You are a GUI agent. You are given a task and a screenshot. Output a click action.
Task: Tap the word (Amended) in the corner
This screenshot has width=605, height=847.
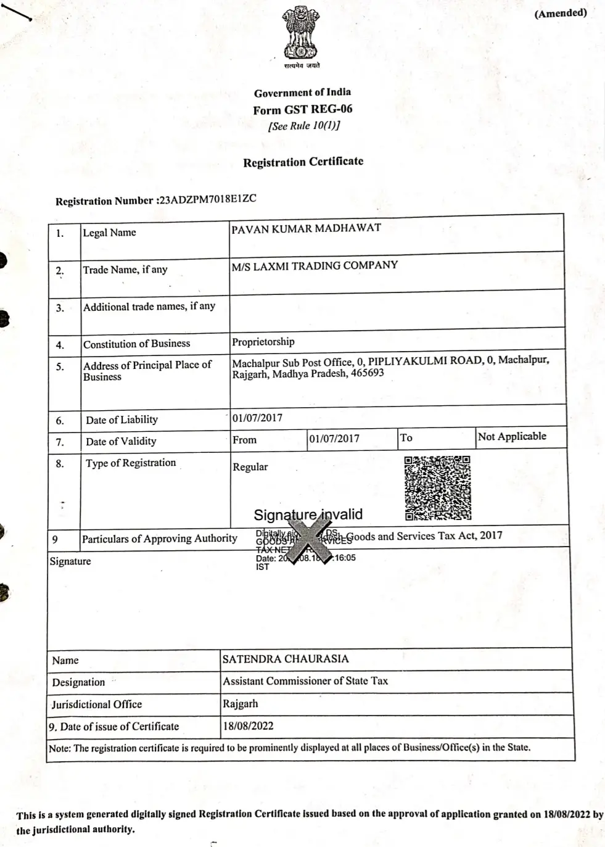[561, 14]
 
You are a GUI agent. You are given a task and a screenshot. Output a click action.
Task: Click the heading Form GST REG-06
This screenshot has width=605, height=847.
[303, 110]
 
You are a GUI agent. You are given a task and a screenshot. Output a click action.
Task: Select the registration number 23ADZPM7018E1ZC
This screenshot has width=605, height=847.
[207, 199]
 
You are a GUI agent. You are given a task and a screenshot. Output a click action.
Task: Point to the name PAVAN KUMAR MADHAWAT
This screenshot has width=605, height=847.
[306, 228]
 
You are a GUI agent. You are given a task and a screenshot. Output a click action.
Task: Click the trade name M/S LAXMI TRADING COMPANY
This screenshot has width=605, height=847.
[315, 265]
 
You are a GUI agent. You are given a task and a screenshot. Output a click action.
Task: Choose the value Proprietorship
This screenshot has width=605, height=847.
[263, 342]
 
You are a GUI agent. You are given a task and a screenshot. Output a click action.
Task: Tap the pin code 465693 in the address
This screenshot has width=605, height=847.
[368, 373]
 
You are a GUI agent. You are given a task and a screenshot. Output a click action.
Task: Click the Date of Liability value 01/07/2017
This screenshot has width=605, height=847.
[258, 418]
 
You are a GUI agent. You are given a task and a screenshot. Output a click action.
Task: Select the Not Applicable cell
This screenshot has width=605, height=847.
[512, 436]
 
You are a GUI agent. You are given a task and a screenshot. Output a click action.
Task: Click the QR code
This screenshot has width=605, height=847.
[437, 488]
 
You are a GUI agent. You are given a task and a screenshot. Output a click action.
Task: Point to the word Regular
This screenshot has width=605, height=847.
[250, 467]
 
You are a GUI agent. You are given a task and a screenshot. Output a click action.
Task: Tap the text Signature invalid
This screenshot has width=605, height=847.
[308, 514]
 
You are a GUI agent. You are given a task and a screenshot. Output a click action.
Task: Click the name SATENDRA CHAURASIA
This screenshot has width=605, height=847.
[286, 659]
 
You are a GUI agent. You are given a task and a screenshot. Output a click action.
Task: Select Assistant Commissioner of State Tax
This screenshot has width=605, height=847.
[305, 681]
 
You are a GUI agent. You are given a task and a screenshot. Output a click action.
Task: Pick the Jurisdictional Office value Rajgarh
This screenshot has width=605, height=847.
[241, 703]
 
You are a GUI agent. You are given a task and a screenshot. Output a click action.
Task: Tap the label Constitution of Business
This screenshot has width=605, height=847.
[137, 344]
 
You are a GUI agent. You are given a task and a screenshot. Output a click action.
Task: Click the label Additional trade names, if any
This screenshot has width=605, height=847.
[149, 306]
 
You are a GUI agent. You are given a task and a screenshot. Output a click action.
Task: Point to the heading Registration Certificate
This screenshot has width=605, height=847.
[303, 162]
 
